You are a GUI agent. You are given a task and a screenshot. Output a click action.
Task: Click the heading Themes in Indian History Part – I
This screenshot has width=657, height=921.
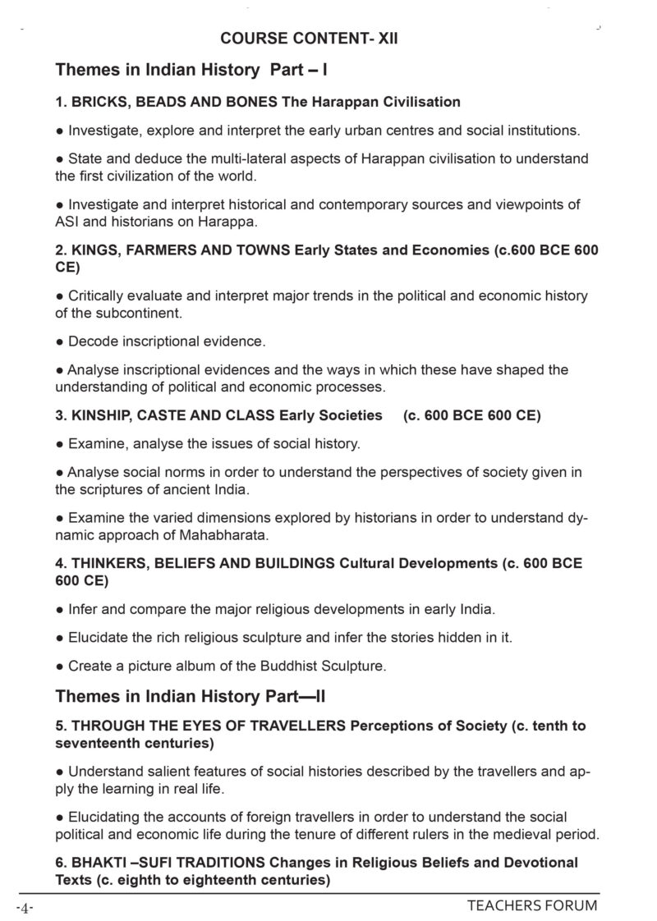tap(192, 71)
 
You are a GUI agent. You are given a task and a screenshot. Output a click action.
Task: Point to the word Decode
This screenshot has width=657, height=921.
tap(91, 341)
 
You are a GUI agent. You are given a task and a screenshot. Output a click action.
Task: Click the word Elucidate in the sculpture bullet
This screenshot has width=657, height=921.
tap(100, 638)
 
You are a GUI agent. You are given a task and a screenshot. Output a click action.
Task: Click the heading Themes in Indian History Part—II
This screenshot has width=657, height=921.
tap(191, 697)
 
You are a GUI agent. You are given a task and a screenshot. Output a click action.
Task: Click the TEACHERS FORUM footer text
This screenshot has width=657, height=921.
tap(532, 906)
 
